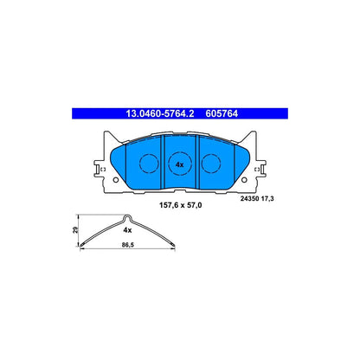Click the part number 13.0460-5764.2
[159, 113]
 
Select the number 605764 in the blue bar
[222, 113]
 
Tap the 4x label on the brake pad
[179, 164]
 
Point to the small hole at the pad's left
[116, 180]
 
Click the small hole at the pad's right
[244, 180]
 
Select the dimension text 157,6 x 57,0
[180, 205]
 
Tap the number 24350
[249, 199]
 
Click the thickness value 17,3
[267, 199]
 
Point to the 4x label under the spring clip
[127, 230]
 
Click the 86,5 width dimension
[128, 245]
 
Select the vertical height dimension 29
[75, 230]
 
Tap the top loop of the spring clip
[128, 215]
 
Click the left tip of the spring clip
[80, 246]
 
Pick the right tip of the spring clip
[174, 246]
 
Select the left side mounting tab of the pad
[99, 169]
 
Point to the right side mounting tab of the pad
[260, 169]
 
